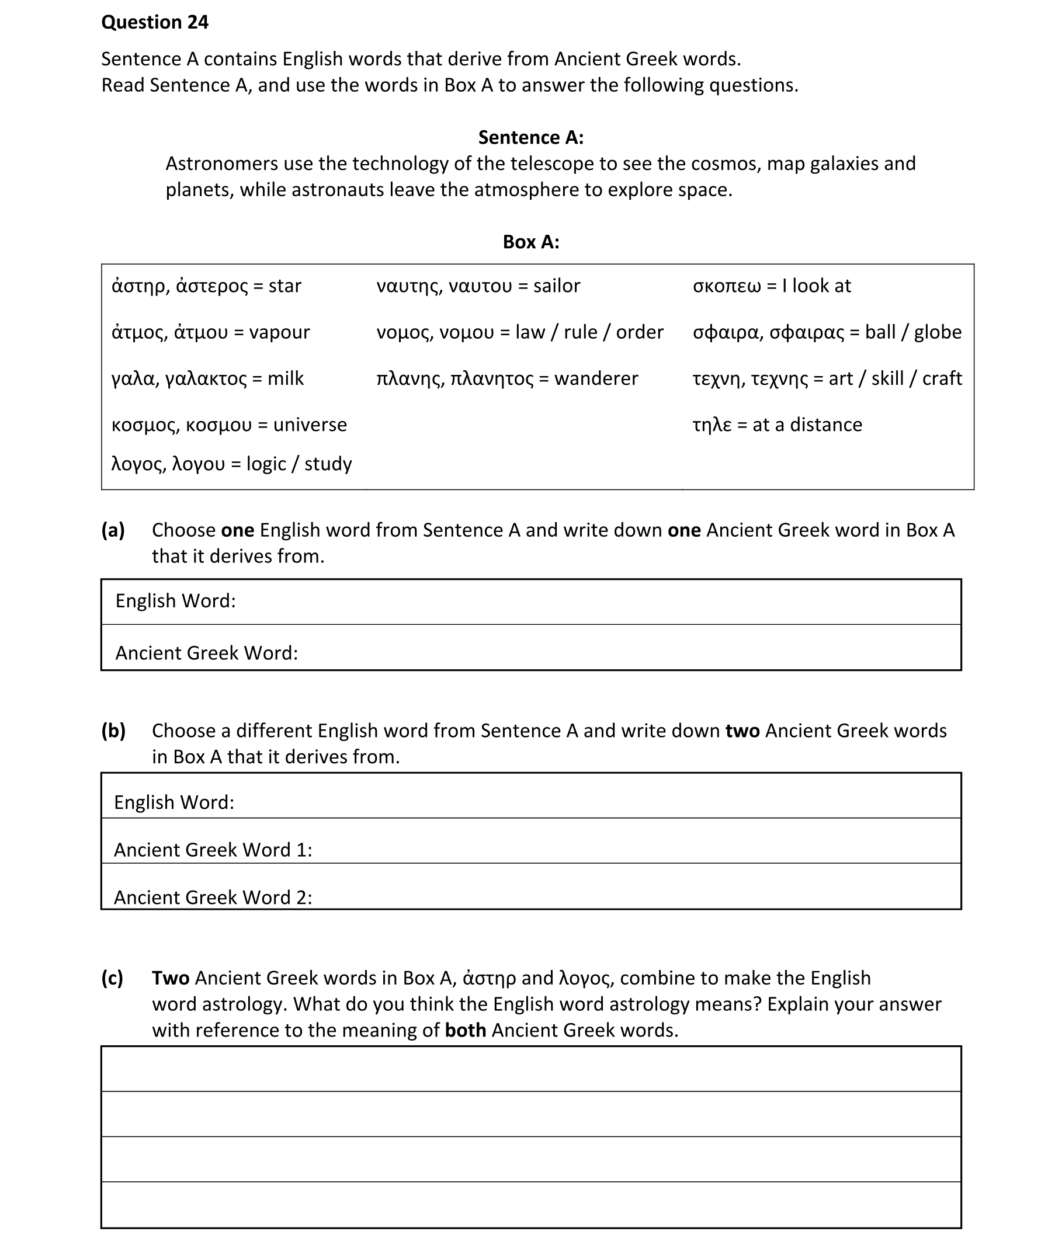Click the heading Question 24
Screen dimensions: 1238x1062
155,22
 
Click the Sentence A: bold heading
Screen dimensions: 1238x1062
530,137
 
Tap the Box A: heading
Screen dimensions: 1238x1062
530,242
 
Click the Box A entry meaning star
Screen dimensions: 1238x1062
206,286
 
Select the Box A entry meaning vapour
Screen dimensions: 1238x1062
210,332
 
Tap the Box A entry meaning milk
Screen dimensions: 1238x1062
207,379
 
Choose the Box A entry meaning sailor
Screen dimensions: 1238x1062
478,286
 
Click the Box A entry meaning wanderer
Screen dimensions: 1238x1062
507,379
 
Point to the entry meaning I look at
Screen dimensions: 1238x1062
772,286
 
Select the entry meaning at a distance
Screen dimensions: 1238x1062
777,425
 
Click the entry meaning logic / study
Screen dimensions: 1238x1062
231,464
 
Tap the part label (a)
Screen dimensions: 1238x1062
113,530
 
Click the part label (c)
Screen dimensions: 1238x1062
112,978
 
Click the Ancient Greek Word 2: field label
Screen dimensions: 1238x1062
213,898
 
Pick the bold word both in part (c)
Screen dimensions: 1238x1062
465,1031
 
